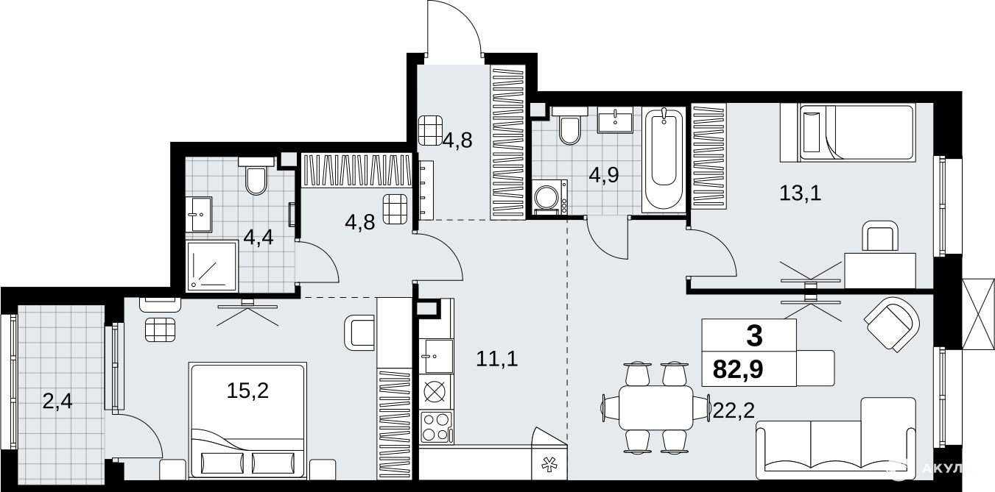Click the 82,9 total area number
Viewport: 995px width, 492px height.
(738, 369)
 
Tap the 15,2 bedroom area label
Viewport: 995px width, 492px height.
(247, 391)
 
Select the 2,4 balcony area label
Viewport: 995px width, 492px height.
(57, 402)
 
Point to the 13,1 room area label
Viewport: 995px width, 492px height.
(801, 193)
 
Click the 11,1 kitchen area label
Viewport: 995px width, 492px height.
(497, 358)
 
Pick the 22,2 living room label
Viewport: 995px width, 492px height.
(734, 411)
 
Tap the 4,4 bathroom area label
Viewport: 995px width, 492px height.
(259, 238)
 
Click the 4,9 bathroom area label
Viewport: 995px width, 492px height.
(604, 176)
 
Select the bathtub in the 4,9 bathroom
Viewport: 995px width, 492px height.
(664, 160)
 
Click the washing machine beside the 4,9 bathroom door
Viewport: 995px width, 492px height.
(550, 197)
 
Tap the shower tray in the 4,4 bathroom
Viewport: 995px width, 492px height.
(212, 266)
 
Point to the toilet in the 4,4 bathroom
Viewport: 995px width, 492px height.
(256, 175)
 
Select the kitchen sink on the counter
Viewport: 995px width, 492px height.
(438, 356)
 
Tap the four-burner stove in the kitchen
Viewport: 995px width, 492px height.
(437, 427)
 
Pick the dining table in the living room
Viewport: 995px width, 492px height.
(655, 407)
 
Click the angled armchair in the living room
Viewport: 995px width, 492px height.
(892, 325)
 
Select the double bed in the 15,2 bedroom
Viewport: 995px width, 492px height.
(248, 421)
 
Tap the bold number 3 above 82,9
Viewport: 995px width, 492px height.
(754, 336)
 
